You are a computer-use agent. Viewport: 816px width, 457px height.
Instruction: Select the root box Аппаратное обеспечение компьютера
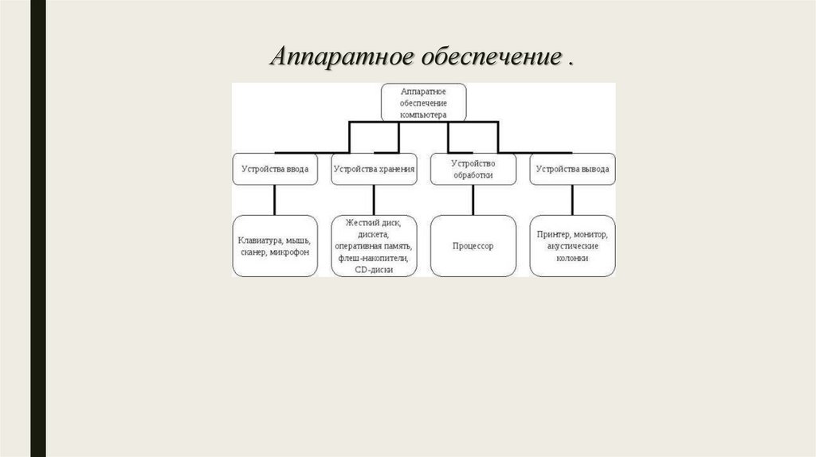423,103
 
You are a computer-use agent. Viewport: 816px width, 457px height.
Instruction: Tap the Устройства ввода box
275,169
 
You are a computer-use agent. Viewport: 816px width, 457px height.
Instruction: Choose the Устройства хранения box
374,169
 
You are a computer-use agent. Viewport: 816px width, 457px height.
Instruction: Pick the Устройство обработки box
473,169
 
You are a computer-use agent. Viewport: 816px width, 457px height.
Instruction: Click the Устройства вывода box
572,169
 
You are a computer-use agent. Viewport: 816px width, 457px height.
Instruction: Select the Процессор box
473,246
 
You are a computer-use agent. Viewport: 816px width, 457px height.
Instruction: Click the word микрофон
289,252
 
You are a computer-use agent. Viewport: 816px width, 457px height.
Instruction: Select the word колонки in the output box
572,259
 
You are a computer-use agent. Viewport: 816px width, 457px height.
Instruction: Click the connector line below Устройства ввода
275,200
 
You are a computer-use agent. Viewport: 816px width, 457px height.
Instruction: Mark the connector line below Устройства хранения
374,200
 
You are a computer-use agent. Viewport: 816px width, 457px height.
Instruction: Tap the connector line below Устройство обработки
473,200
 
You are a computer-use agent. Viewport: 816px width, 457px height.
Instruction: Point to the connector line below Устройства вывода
572,200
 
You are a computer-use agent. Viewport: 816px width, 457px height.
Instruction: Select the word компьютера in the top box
423,115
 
